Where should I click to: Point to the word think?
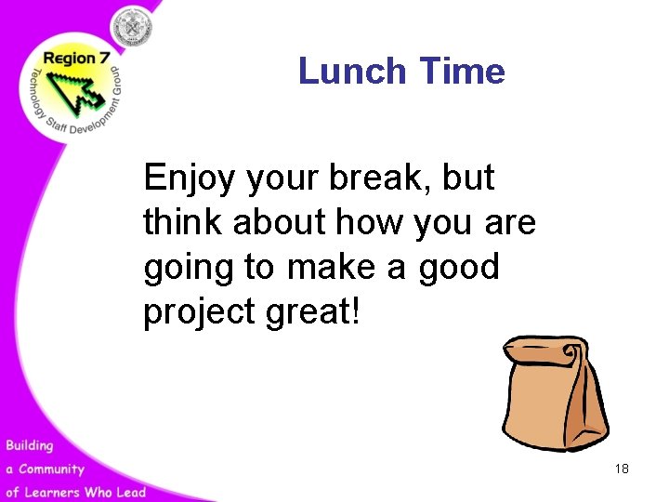[183, 222]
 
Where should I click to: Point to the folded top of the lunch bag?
[544, 351]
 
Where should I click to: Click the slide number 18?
[622, 469]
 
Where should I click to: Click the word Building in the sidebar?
[30, 445]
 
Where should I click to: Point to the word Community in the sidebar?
[51, 469]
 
